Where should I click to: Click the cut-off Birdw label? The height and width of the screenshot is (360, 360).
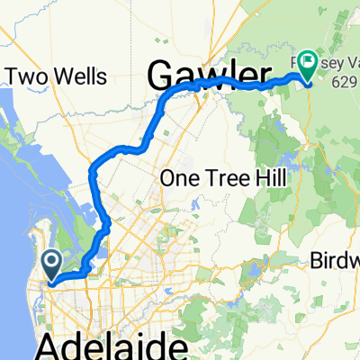[x=335, y=260]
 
